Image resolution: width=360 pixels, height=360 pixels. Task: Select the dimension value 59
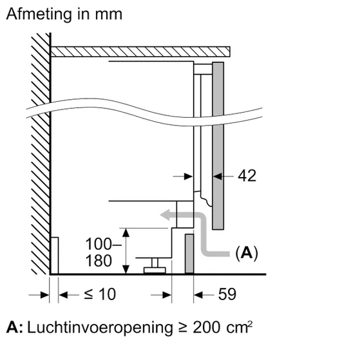[227, 294]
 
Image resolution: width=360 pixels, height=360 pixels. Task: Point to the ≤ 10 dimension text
[100, 294]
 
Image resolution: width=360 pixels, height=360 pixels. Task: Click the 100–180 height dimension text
[102, 252]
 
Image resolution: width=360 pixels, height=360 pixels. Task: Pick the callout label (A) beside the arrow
[245, 253]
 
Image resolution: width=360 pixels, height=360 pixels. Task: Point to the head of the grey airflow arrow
[166, 218]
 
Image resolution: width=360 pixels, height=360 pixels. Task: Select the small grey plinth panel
[189, 254]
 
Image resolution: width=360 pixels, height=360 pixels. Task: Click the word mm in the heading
[106, 14]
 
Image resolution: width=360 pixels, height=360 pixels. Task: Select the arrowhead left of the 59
[199, 294]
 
